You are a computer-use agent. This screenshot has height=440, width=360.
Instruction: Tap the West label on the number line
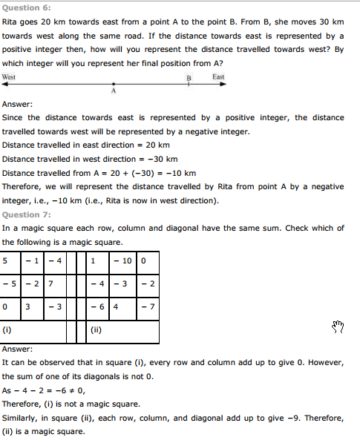(x=10, y=77)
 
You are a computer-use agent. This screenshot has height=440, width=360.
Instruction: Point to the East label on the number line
(x=218, y=77)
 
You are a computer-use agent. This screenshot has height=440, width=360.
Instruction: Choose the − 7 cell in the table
(x=148, y=306)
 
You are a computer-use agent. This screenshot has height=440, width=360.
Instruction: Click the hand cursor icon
(x=338, y=326)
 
